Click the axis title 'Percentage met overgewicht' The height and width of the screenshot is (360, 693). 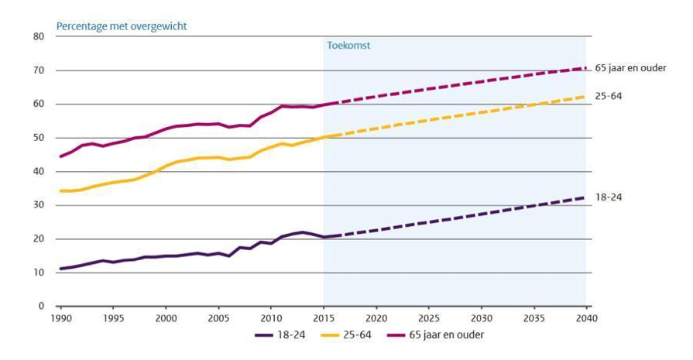pos(122,26)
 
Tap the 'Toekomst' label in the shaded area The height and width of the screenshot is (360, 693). pos(348,46)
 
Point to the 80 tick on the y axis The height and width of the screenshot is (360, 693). pos(39,36)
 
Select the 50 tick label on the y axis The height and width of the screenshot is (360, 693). pos(39,138)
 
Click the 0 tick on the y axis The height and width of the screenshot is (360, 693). pos(41,307)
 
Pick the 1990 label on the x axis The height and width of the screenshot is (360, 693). pos(60,318)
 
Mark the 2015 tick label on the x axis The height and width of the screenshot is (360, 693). pos(324,318)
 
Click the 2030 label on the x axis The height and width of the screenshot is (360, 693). pos(482,318)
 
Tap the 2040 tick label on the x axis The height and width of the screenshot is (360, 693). pos(587,318)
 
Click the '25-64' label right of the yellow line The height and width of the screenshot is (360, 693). pos(609,96)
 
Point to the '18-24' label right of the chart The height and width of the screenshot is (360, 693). pos(609,197)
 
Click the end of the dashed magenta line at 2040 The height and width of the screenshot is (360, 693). pos(586,68)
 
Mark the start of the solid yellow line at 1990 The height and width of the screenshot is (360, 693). pos(60,190)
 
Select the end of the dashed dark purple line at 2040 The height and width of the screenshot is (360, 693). pos(586,197)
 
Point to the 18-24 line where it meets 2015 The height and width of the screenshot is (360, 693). pos(324,237)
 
